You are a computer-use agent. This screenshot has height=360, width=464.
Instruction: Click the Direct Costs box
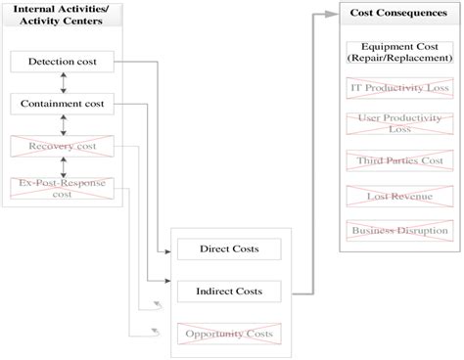coord(229,249)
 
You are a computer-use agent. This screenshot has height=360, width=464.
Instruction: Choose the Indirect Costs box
coord(229,292)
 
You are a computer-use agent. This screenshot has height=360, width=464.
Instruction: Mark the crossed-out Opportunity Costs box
coord(229,335)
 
